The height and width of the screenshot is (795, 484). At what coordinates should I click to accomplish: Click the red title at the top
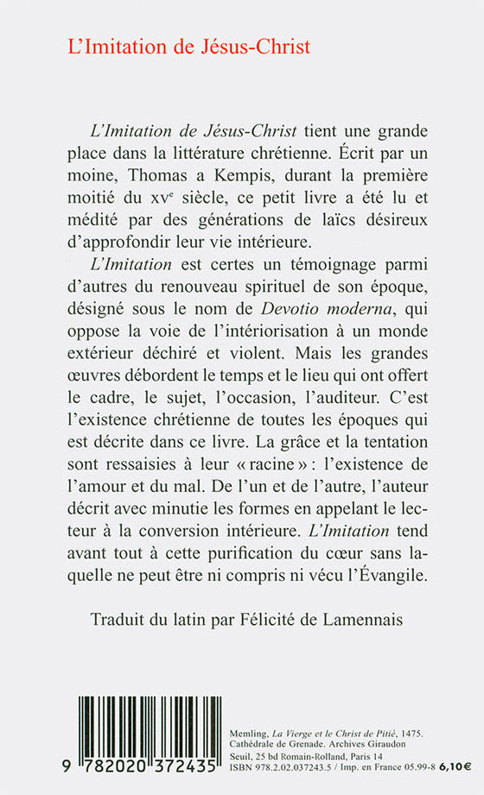189,47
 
